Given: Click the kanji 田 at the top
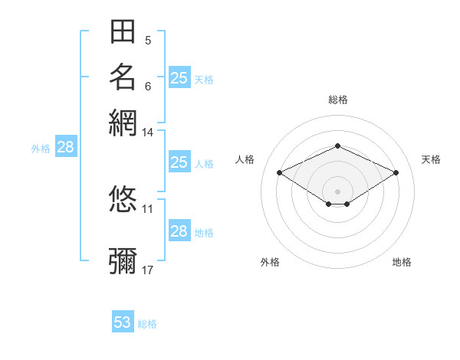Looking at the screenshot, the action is click(123, 31).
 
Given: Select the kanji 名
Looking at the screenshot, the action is click(123, 77).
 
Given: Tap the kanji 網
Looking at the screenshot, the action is click(123, 123).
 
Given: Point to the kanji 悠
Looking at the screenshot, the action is click(123, 198).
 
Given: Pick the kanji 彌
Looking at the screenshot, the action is click(123, 260).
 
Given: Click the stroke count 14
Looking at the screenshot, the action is click(147, 133).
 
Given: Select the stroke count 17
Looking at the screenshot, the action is click(147, 270).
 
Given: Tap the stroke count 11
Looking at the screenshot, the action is click(147, 209).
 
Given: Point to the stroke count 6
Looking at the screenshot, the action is click(148, 87).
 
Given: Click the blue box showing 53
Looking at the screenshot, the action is click(123, 321).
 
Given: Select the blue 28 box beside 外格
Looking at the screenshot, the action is click(66, 146).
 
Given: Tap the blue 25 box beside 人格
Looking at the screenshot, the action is click(179, 162).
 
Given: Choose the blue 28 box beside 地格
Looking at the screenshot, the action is click(179, 230).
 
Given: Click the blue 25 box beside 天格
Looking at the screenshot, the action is click(179, 77).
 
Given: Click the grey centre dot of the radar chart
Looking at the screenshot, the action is click(337, 191).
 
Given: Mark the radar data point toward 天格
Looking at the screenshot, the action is click(396, 172).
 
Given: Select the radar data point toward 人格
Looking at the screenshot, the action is click(280, 172).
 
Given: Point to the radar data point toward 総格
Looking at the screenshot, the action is click(337, 146).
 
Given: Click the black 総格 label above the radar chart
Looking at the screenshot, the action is click(338, 100).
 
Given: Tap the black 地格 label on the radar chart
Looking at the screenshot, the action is click(402, 262).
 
